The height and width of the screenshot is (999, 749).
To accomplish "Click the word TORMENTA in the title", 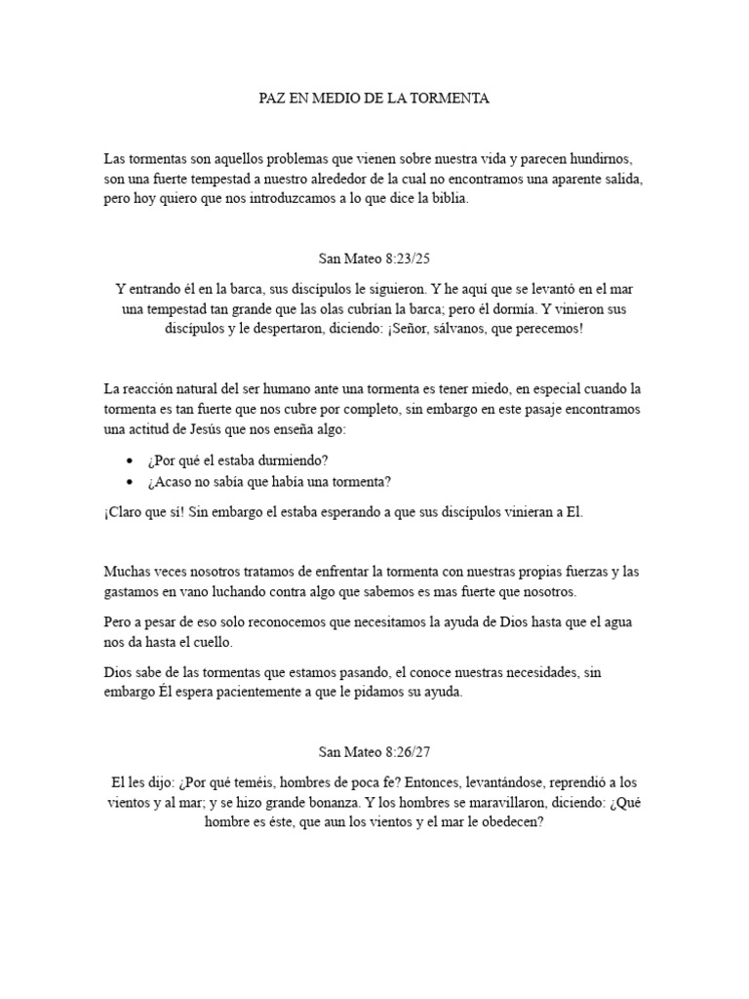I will click(x=454, y=99).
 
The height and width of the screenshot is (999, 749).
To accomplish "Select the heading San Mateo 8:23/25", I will click(x=374, y=258).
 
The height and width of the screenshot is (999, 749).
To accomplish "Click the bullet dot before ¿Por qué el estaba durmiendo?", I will click(x=131, y=460).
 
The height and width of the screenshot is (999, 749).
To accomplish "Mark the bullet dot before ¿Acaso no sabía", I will click(x=131, y=481).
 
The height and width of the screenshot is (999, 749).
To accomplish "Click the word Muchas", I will click(x=124, y=571).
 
